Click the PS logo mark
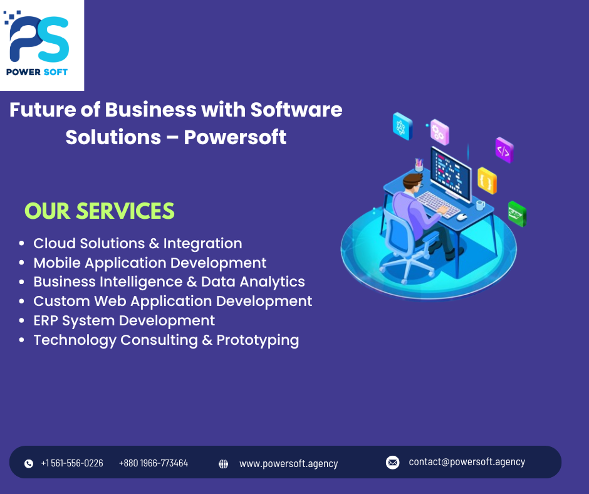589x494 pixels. coord(39,39)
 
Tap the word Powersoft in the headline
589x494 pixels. coord(235,137)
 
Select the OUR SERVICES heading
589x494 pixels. coord(99,211)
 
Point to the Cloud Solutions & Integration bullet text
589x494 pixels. coord(137,243)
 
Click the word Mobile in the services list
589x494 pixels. coord(56,263)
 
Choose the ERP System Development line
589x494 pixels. coord(124,320)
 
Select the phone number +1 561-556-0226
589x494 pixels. coord(72,463)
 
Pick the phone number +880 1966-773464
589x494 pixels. coord(154,463)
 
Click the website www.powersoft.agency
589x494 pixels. coord(288,464)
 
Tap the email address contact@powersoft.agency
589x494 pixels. coord(467,462)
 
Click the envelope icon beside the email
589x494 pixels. coord(393,463)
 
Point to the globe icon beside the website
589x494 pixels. coord(223,464)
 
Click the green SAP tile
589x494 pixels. coord(516,214)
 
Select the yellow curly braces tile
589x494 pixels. coord(487,181)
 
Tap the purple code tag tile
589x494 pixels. coord(504,150)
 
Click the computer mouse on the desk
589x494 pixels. coord(462,217)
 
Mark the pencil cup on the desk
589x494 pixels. coord(419,165)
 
